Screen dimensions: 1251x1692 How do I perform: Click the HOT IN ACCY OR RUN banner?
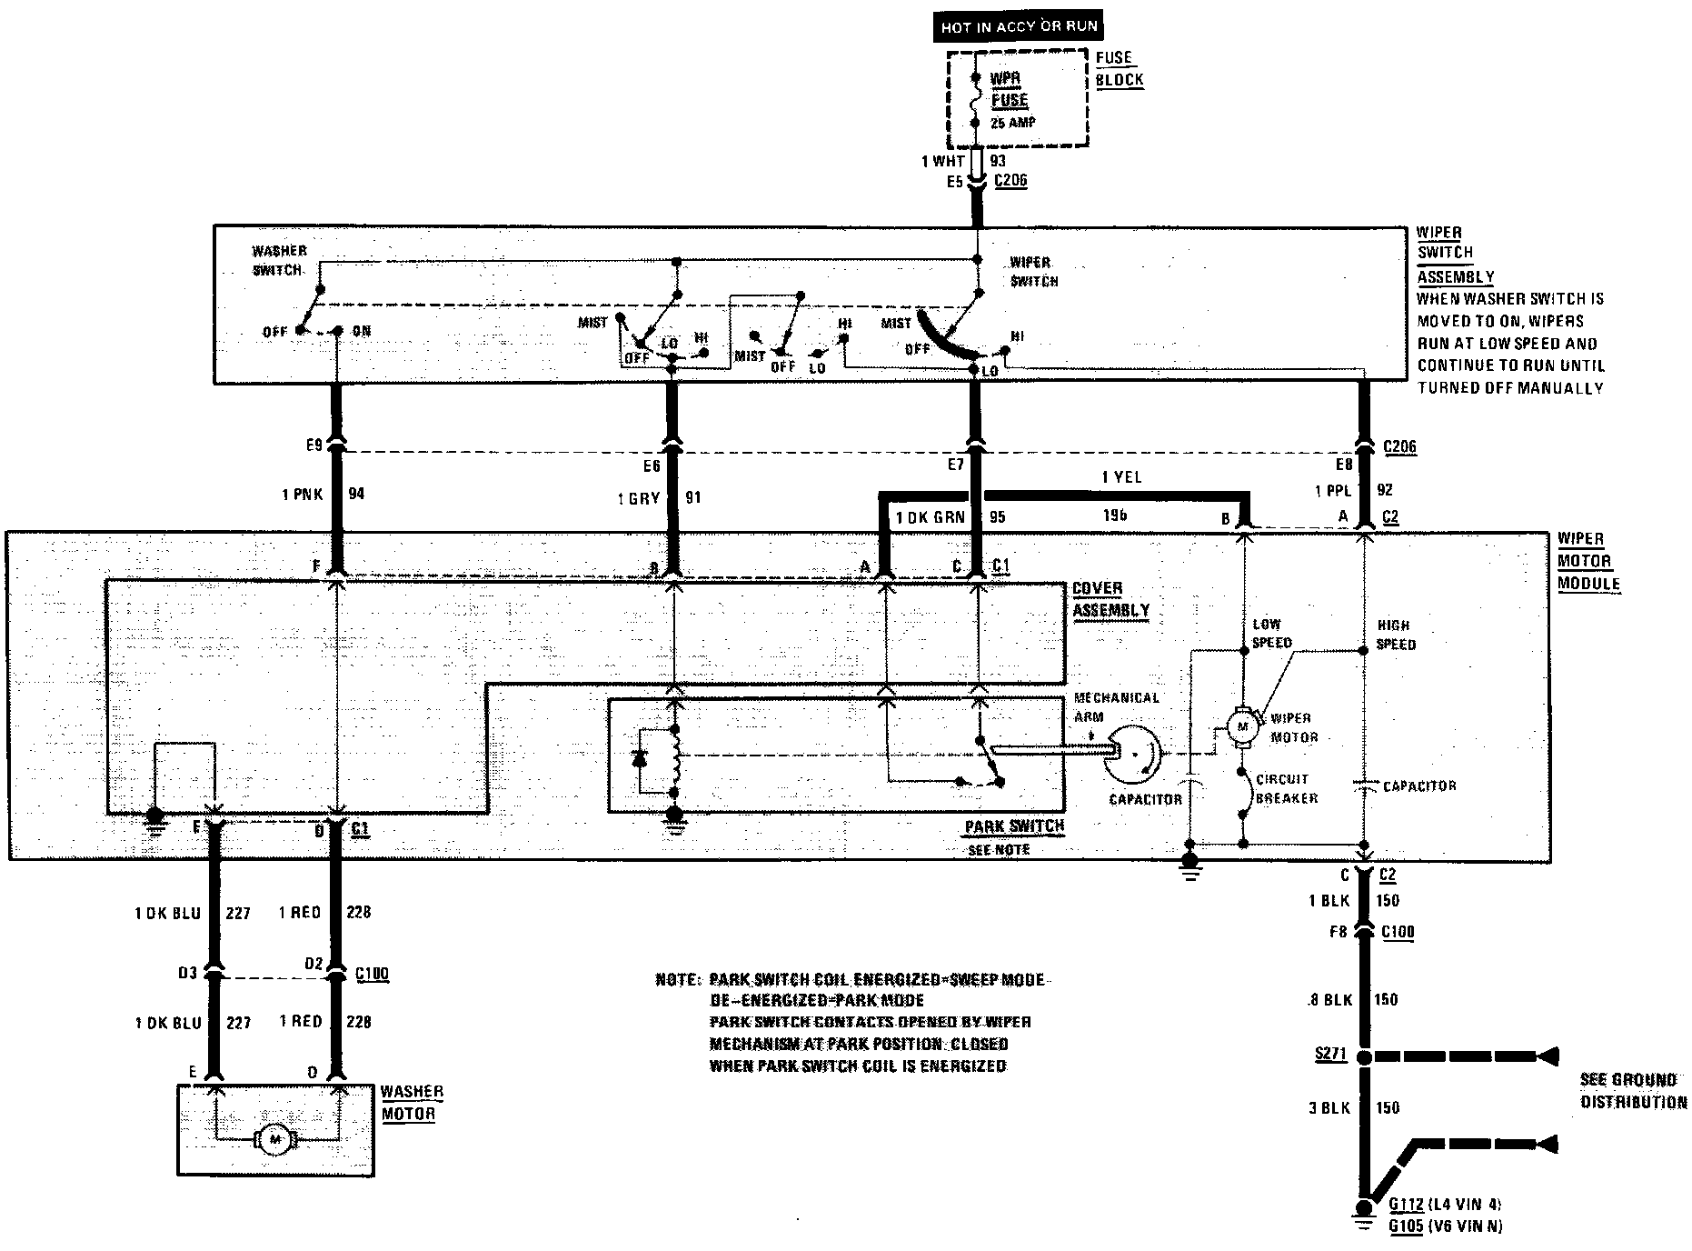pyautogui.click(x=1019, y=27)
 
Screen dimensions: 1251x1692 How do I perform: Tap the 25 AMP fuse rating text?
pyautogui.click(x=1012, y=123)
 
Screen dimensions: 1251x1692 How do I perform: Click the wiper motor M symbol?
pyautogui.click(x=1241, y=726)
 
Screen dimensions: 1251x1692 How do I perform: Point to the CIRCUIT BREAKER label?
pyautogui.click(x=1285, y=788)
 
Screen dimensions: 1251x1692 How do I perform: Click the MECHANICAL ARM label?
pyautogui.click(x=1116, y=706)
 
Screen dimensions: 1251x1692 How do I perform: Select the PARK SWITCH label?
pyautogui.click(x=1014, y=826)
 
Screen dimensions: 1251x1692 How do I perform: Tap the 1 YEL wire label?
pyautogui.click(x=1121, y=477)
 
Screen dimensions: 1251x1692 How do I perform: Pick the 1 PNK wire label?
pyautogui.click(x=301, y=494)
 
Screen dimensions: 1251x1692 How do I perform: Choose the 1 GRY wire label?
pyautogui.click(x=636, y=498)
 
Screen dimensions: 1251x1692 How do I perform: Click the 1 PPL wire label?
pyautogui.click(x=1333, y=491)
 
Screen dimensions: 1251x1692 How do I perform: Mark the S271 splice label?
pyautogui.click(x=1329, y=1056)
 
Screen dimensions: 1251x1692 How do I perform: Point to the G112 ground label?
pyautogui.click(x=1407, y=1204)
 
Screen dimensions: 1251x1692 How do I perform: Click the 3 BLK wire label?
pyautogui.click(x=1329, y=1107)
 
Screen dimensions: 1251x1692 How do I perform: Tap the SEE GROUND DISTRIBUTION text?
pyautogui.click(x=1633, y=1090)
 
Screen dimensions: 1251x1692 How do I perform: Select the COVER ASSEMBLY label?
pyautogui.click(x=1110, y=599)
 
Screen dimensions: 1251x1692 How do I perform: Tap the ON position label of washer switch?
pyautogui.click(x=361, y=331)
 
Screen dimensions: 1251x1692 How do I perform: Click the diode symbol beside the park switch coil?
pyautogui.click(x=643, y=758)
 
